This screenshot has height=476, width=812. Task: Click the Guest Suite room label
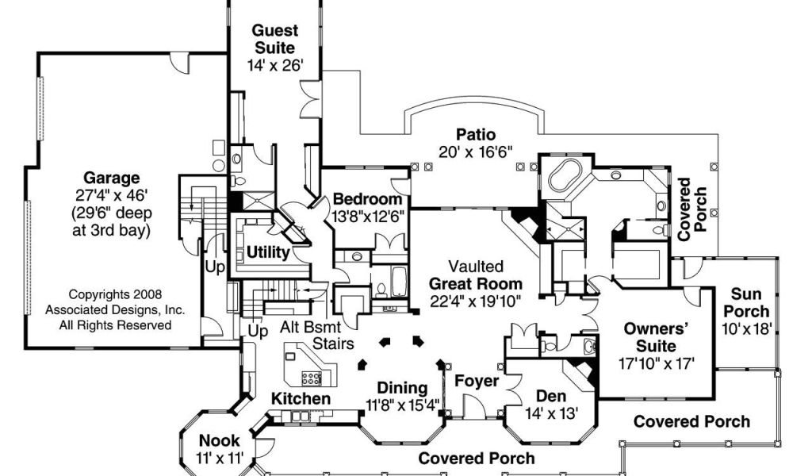click(275, 40)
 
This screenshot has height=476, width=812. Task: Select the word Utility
click(267, 252)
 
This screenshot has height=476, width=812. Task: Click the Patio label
click(475, 134)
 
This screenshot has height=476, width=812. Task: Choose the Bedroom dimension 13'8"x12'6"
click(367, 216)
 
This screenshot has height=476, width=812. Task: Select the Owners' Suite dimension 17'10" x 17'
click(656, 363)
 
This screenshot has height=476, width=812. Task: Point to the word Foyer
click(477, 381)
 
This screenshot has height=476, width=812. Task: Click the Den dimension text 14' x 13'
click(551, 413)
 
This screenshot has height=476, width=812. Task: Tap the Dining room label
click(401, 389)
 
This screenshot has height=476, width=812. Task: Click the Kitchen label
click(301, 397)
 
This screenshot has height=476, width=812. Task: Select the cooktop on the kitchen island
click(311, 377)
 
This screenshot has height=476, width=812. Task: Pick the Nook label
click(219, 440)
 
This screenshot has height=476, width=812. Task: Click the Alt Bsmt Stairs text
click(317, 334)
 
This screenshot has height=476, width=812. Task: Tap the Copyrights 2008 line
click(115, 294)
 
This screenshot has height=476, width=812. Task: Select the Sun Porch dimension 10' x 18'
click(746, 328)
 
